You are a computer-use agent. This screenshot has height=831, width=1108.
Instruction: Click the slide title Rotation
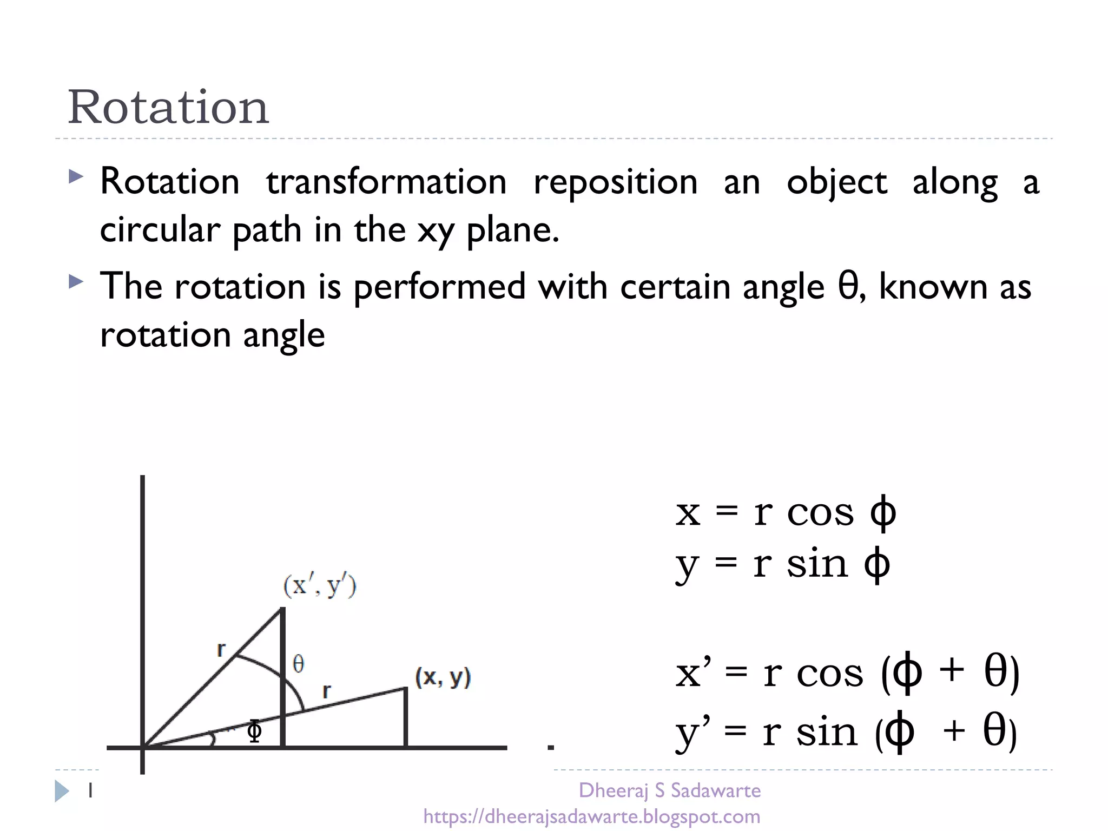click(x=168, y=107)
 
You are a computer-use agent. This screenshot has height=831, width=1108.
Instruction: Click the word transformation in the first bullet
click(x=386, y=182)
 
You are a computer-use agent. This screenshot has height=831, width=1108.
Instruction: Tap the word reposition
click(x=615, y=182)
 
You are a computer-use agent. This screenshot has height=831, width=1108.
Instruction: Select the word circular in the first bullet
click(x=160, y=230)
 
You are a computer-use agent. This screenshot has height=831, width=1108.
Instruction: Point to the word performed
click(x=439, y=286)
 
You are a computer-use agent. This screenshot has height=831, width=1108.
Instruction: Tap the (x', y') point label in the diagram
click(x=320, y=586)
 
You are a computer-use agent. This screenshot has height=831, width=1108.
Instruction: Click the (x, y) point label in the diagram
click(x=443, y=677)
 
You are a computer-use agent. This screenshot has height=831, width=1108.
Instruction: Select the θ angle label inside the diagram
click(x=298, y=664)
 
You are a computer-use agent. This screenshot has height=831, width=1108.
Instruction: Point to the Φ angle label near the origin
click(x=254, y=731)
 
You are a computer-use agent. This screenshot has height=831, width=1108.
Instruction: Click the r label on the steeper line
click(x=221, y=649)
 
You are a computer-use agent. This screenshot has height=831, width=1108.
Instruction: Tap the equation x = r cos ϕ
click(x=785, y=512)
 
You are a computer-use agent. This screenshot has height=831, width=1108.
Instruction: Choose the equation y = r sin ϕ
click(x=782, y=564)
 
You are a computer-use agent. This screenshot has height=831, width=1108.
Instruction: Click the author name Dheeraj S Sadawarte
click(x=670, y=790)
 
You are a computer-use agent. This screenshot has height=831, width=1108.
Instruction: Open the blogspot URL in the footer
click(x=591, y=816)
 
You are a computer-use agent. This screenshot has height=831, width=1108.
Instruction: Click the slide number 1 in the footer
click(x=90, y=791)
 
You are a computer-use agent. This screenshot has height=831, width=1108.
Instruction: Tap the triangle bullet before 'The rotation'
click(x=76, y=281)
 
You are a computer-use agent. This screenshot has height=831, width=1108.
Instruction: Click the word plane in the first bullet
click(x=512, y=230)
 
